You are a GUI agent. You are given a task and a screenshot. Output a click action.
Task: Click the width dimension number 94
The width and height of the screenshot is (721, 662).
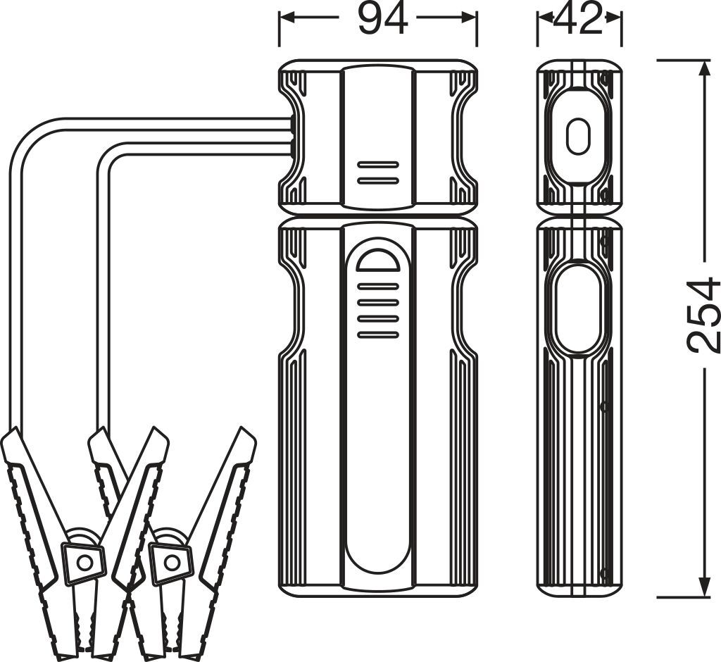pos(382,19)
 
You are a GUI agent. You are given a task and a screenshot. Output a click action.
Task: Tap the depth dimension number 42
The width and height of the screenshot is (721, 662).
pos(579,20)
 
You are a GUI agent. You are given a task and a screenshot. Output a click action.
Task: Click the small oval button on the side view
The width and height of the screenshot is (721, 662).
pos(578,136)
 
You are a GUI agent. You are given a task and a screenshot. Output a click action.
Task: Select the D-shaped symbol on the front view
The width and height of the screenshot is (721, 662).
pos(378,260)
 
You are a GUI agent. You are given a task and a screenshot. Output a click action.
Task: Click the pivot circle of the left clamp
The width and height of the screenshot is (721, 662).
pos(85,563)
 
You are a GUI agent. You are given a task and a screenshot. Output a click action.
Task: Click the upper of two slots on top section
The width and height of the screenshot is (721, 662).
pos(378,165)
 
